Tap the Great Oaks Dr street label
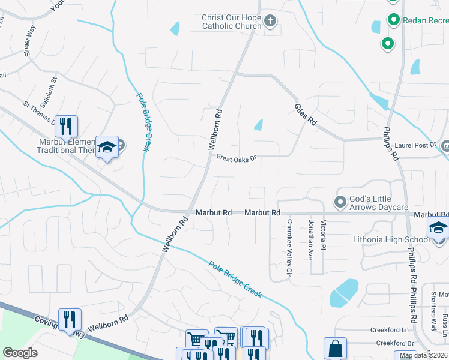point(237,158)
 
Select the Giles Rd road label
point(305,113)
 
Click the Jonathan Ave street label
point(311,239)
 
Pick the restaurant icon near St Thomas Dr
point(66,126)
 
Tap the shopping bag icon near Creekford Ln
point(334,348)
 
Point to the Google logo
point(20,353)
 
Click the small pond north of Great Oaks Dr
point(258,125)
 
